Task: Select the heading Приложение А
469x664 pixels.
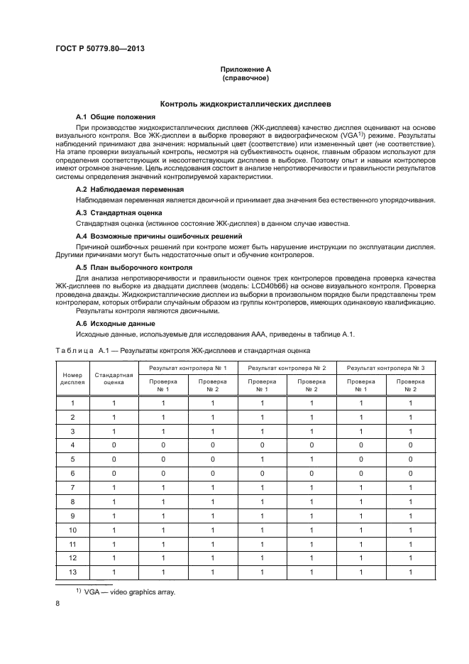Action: point(244,69)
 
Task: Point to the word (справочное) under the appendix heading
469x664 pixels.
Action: point(244,77)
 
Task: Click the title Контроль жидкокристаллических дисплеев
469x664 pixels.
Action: point(245,103)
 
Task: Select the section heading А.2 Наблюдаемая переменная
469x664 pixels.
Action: point(130,190)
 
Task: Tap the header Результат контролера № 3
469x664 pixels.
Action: point(385,368)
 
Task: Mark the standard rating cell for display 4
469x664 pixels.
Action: point(114,445)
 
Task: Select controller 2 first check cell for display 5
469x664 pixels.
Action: point(262,458)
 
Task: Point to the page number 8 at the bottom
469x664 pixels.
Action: point(57,604)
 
